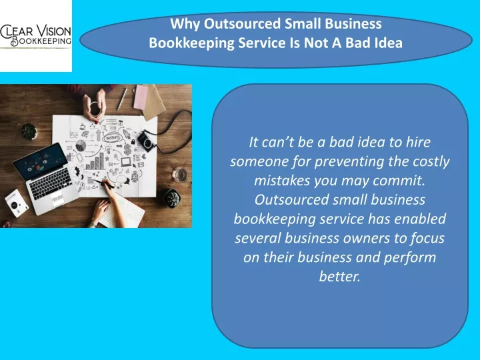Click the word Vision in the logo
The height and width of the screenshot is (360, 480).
click(x=54, y=31)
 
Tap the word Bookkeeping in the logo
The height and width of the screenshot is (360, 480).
click(x=41, y=41)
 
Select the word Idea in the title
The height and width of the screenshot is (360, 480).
click(x=389, y=43)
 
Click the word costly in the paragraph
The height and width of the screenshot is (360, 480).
click(x=431, y=161)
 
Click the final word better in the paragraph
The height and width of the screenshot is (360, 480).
click(x=339, y=276)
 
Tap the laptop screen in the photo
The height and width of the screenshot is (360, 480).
click(x=41, y=161)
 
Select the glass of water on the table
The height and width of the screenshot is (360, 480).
click(x=179, y=175)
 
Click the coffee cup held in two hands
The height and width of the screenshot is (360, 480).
click(x=95, y=109)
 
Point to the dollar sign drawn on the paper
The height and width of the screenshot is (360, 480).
click(x=127, y=150)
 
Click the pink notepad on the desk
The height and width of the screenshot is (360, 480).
click(x=141, y=97)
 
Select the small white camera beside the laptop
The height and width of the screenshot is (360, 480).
click(x=17, y=203)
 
